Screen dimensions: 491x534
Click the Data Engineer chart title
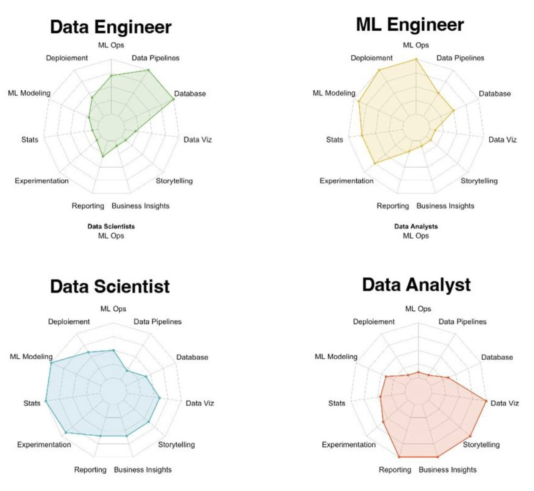[111, 27]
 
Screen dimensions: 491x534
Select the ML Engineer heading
[410, 25]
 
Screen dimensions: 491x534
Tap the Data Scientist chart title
[110, 286]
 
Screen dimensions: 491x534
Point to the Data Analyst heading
[416, 285]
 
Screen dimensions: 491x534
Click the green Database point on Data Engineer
[174, 99]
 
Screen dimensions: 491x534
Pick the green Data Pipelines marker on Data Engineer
[148, 70]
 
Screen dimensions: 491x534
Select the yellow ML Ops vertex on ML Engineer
[416, 59]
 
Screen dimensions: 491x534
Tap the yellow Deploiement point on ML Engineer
[379, 70]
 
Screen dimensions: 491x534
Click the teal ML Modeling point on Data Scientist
[51, 363]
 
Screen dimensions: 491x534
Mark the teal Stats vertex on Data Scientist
[46, 401]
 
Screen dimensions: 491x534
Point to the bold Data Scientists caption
[111, 227]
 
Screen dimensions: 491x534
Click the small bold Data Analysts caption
[416, 227]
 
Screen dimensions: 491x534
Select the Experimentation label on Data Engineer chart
[42, 181]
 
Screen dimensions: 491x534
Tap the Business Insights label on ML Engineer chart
[445, 206]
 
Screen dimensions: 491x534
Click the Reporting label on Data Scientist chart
[90, 470]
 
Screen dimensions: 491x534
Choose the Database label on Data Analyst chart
[497, 357]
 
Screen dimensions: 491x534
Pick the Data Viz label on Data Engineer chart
[197, 140]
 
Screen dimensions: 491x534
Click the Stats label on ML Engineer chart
[334, 140]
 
